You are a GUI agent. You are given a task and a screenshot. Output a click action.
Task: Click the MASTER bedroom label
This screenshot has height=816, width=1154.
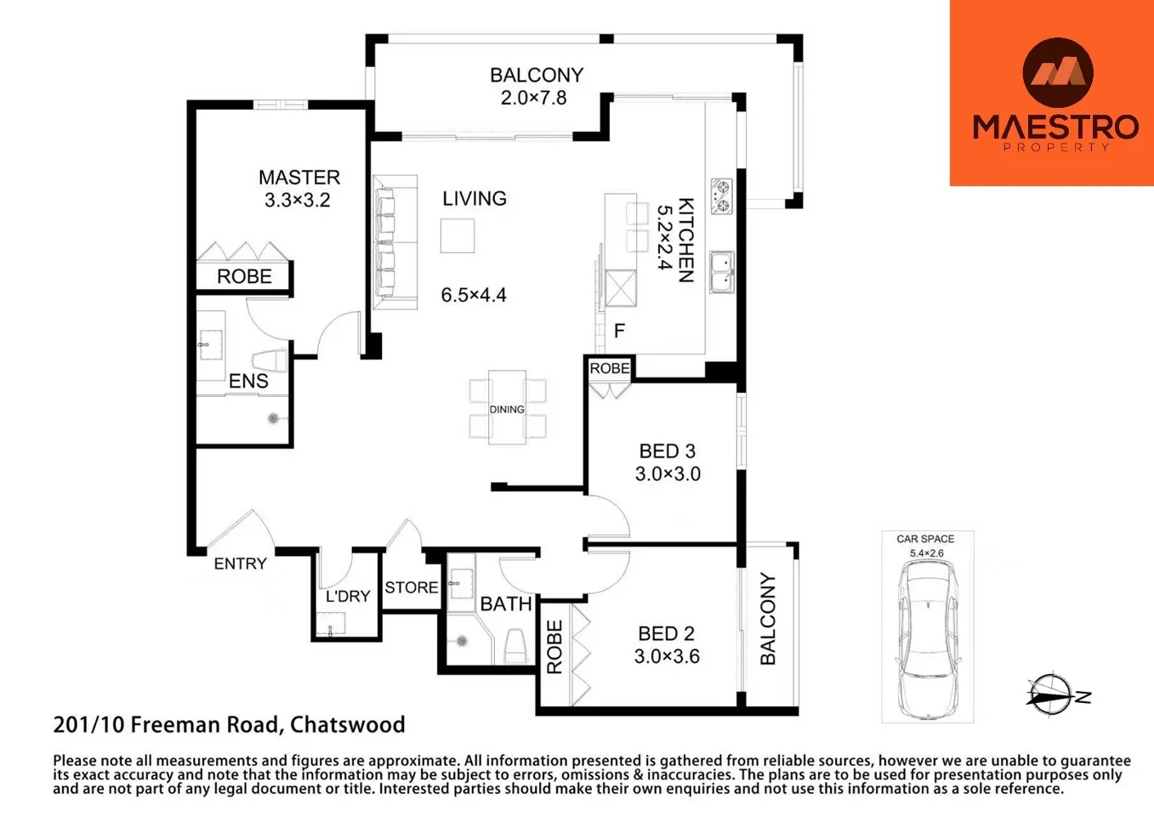tap(298, 178)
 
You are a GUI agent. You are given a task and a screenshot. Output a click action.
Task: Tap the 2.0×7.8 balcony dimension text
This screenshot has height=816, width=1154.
tap(533, 98)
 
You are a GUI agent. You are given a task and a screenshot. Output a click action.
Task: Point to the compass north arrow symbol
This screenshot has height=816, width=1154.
tap(1054, 695)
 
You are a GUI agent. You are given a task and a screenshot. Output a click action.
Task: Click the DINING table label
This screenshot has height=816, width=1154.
tap(507, 410)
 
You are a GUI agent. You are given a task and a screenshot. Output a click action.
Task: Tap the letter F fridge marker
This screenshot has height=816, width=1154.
tap(619, 331)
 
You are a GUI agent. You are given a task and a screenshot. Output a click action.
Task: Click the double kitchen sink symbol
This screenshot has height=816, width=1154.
tap(722, 271)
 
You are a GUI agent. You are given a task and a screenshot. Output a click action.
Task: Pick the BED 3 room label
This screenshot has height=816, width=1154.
tap(668, 451)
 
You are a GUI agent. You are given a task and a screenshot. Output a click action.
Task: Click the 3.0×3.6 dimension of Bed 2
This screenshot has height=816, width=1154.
tap(667, 656)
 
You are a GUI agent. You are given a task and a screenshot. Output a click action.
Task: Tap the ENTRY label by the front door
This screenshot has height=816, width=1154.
tap(240, 564)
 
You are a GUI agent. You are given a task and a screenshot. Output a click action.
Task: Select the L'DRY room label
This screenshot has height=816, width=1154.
tap(348, 597)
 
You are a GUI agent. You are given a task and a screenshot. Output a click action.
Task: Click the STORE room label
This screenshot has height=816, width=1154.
tap(412, 587)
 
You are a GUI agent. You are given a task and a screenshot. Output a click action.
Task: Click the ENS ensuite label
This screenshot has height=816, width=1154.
tap(248, 382)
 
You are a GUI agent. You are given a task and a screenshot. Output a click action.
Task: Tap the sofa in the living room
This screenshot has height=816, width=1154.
tap(395, 242)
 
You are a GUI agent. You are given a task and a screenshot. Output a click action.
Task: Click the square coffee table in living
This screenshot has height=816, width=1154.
tap(458, 235)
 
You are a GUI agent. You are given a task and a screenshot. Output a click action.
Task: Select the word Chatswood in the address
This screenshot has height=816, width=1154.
tap(347, 725)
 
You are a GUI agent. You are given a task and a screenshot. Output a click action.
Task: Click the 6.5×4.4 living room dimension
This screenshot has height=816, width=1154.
tap(474, 295)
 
